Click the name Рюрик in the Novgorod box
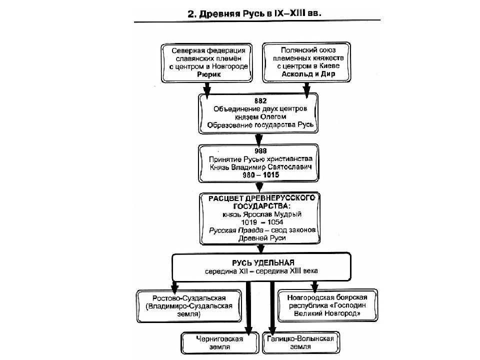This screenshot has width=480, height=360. (x=209, y=74)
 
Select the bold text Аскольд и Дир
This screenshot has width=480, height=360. (x=308, y=74)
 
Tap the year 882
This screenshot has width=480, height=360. (x=260, y=100)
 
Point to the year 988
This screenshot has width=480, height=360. (x=260, y=150)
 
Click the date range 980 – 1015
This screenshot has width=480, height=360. (x=261, y=175)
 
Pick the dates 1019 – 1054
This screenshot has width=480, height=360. (x=262, y=222)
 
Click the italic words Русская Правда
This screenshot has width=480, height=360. (x=236, y=230)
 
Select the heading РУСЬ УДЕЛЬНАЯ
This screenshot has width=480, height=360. (x=263, y=262)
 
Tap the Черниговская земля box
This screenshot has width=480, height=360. (x=220, y=343)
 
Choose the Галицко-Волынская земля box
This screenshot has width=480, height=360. (x=301, y=342)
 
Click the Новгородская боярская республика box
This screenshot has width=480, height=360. (x=327, y=305)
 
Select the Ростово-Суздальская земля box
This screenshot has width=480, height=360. (x=189, y=306)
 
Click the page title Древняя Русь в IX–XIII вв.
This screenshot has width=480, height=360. (x=254, y=14)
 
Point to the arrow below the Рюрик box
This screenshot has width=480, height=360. (x=207, y=90)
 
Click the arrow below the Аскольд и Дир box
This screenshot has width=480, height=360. (x=306, y=90)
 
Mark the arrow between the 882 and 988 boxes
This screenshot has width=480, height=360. (x=259, y=140)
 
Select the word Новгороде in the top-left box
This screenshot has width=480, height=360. (x=230, y=66)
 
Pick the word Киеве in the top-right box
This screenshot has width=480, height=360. (x=329, y=66)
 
